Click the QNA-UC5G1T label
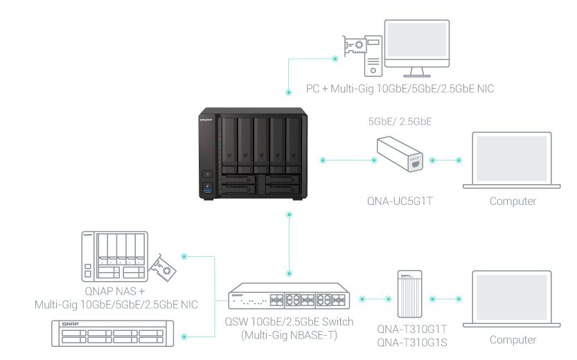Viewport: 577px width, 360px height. (x=400, y=201)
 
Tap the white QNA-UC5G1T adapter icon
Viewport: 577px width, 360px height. (x=400, y=154)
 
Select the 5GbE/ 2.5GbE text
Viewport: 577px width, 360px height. (x=400, y=121)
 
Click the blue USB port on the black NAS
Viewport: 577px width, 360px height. (x=208, y=190)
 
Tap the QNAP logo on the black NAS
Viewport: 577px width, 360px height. (x=206, y=120)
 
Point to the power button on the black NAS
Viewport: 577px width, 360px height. (x=208, y=174)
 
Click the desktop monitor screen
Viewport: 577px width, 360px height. (x=417, y=39)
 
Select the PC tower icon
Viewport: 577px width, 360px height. (x=373, y=56)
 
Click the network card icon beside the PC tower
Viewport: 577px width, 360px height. (x=354, y=46)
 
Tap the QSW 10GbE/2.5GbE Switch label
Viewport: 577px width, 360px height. (x=289, y=322)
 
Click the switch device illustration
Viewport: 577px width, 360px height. (x=289, y=296)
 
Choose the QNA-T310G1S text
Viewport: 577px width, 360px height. (x=412, y=343)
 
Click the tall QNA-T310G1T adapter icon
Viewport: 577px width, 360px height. (x=409, y=294)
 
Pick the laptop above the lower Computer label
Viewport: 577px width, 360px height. (x=511, y=299)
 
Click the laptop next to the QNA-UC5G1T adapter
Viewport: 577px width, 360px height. (x=511, y=161)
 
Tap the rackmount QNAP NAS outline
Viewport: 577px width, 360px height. (x=112, y=334)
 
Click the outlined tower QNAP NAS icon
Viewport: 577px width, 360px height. (x=114, y=257)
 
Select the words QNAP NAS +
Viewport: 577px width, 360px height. (x=115, y=291)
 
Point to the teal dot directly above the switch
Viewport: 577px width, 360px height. (x=290, y=273)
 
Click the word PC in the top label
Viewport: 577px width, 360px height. (x=312, y=89)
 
